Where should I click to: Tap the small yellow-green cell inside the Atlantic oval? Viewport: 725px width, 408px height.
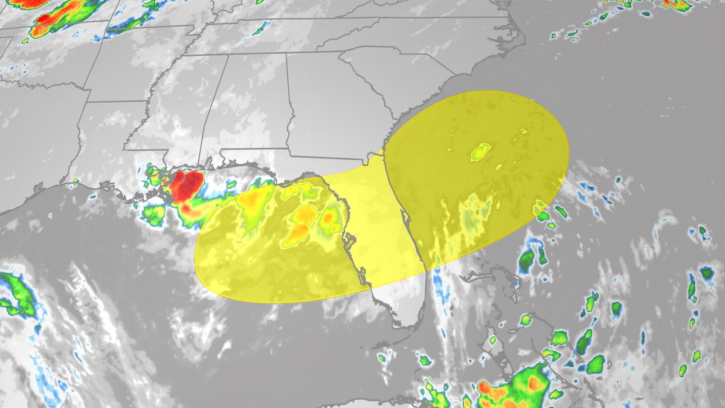coord(480,152)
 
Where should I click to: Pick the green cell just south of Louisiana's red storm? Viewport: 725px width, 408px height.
coord(154,215)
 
